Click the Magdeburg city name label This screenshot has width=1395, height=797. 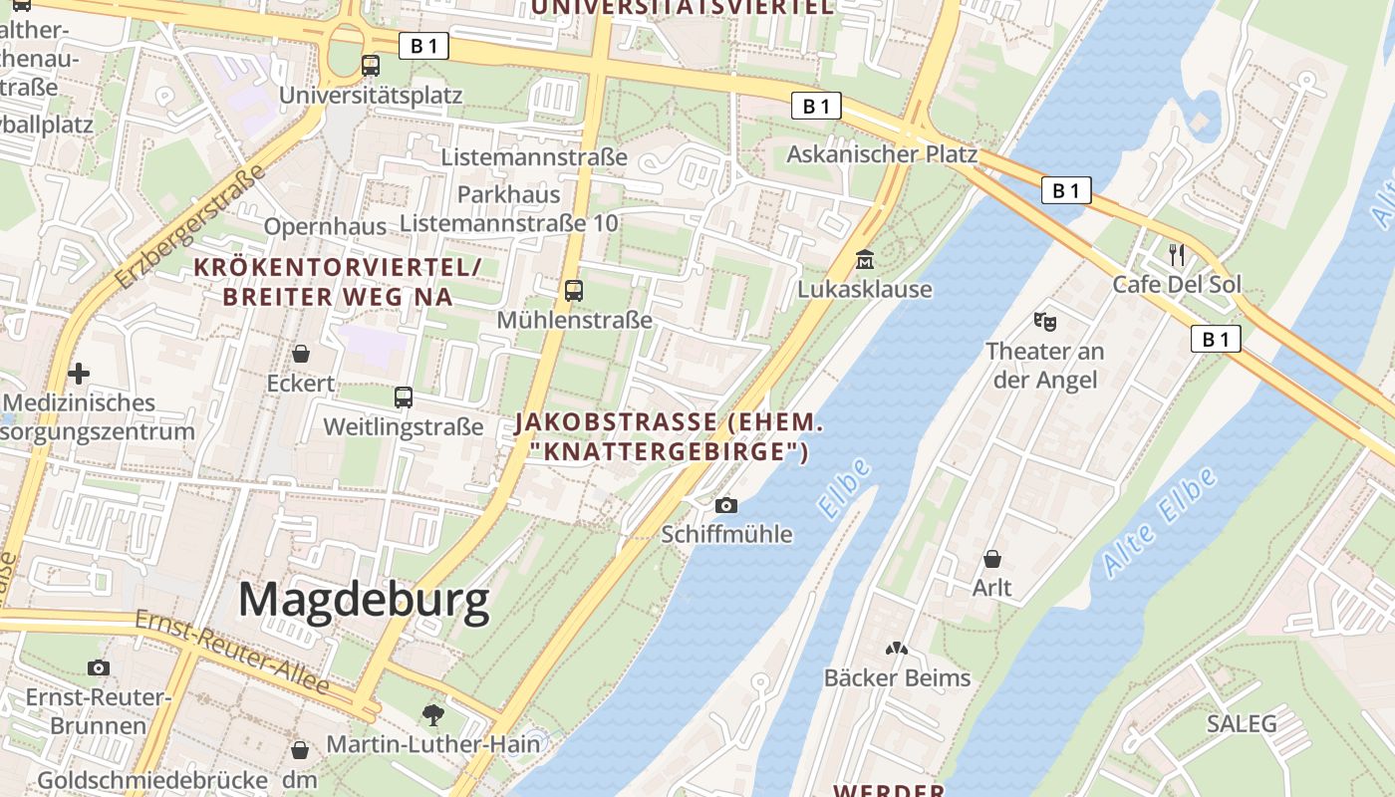pos(364,601)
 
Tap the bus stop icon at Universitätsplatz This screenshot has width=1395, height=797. pos(371,66)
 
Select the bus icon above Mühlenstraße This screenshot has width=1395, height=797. pos(574,291)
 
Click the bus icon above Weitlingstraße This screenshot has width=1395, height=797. pos(404,398)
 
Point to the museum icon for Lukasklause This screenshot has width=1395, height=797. pos(865,260)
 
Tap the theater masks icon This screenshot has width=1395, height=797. pos(1044,321)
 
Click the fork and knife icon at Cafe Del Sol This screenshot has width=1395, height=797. pos(1177,255)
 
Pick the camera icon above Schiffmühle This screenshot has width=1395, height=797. pos(726,505)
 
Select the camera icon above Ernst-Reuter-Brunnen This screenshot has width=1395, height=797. pos(99,667)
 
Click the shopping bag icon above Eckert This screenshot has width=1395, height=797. pos(300,354)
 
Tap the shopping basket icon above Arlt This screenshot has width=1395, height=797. pos(992,559)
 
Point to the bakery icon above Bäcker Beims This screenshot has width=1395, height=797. pos(897,649)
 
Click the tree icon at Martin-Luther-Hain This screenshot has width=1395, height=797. pos(432,713)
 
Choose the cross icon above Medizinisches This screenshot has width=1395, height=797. pos(79,374)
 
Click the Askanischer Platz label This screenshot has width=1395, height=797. pos(882,154)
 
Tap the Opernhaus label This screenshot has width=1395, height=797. pos(325,226)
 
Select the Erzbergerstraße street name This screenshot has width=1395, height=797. pos(189,226)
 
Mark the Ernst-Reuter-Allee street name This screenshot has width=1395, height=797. pos(232,653)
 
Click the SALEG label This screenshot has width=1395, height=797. pos(1241,723)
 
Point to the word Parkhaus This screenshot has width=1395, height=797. pos(509,194)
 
